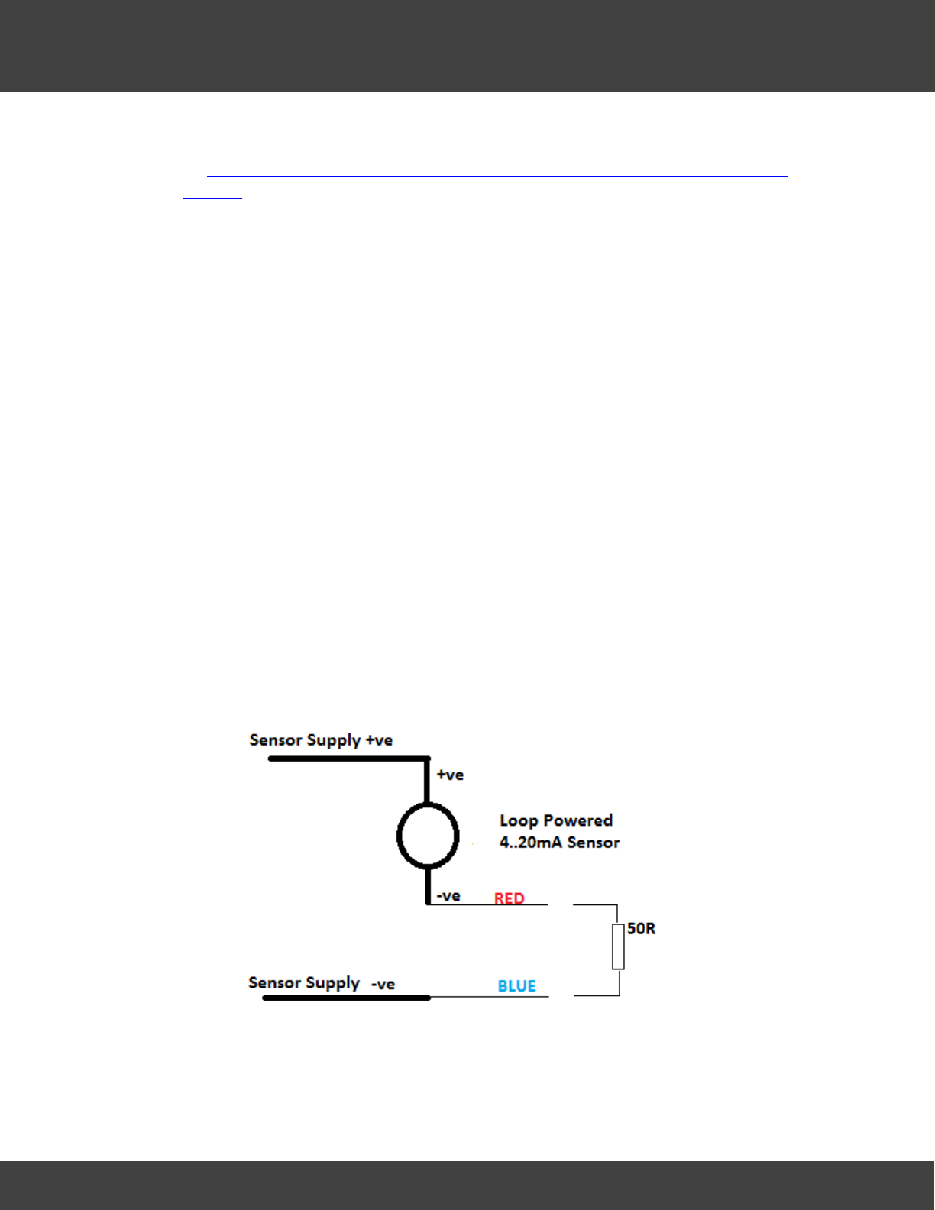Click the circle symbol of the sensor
(428, 836)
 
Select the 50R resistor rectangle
(618, 946)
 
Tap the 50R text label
(641, 929)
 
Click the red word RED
(509, 898)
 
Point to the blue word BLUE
(516, 986)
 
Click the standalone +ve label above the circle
(450, 775)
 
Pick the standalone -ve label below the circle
(448, 896)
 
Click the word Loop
(519, 820)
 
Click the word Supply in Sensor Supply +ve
(332, 740)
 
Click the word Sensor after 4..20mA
(594, 843)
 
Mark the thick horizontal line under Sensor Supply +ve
(348, 759)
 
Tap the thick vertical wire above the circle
(427, 781)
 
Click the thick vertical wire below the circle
(428, 886)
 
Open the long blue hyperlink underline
(497, 176)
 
